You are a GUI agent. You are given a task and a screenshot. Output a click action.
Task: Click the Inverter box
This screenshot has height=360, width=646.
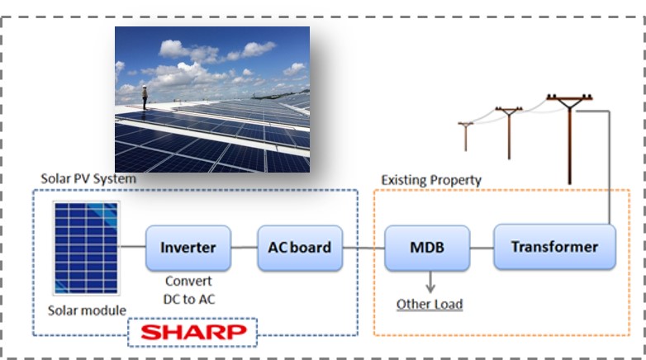click(188, 248)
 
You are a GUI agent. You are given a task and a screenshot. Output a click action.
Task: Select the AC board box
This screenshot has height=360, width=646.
click(300, 248)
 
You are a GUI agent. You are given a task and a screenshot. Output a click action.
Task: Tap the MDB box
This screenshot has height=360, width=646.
click(427, 248)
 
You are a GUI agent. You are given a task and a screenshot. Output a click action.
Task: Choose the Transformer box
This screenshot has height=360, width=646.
click(554, 247)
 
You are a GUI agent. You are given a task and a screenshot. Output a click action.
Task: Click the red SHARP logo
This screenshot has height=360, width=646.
click(193, 333)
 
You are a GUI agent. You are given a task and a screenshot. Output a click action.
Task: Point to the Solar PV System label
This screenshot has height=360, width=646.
click(88, 179)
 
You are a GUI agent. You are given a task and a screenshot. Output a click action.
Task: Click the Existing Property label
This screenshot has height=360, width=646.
click(431, 180)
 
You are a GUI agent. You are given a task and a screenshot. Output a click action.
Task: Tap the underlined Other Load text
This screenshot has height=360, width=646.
click(430, 305)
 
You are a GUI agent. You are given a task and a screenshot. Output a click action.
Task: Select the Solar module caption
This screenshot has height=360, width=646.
click(87, 310)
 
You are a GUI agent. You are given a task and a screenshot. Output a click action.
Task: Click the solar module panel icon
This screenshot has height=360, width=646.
click(86, 248)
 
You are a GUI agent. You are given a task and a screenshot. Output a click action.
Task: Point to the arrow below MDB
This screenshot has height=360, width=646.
click(430, 282)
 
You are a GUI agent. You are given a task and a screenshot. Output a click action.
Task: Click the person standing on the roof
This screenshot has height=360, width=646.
click(145, 97)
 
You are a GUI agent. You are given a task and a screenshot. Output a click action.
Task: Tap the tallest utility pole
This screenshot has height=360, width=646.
click(570, 140)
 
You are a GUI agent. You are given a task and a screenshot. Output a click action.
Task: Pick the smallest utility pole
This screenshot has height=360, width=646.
click(466, 137)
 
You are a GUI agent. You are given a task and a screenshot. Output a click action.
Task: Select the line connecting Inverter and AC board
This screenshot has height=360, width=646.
click(245, 248)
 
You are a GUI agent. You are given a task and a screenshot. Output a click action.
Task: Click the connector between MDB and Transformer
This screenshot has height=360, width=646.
click(482, 248)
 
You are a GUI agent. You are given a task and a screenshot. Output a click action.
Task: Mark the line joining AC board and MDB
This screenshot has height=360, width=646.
click(363, 248)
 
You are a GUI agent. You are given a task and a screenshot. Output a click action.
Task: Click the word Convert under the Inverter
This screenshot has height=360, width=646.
click(188, 281)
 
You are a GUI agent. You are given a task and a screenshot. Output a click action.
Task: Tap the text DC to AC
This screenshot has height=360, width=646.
click(189, 299)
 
